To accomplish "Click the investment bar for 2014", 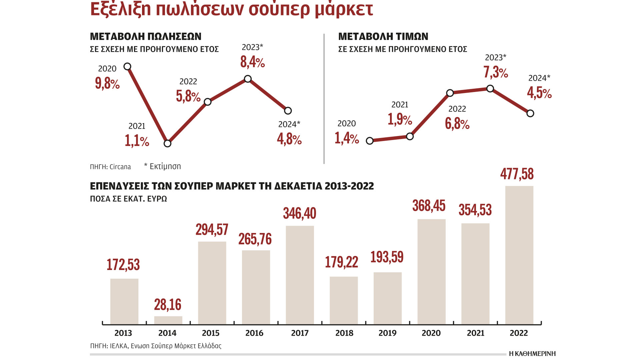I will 168,320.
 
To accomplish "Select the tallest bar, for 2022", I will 519,255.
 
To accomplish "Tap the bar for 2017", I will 300,275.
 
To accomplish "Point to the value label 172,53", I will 123,265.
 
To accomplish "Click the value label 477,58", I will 517,174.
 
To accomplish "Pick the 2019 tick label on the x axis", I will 387,333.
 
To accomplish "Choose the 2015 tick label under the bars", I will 211,333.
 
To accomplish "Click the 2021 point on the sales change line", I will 167,143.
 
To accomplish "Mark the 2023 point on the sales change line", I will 248,79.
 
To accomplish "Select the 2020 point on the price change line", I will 370,141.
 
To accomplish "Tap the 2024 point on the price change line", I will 530,113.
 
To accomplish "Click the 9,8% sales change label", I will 107,83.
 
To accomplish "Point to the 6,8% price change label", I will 457,124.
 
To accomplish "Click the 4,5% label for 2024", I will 539,93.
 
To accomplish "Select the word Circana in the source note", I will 120,167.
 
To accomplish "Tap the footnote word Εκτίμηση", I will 165,166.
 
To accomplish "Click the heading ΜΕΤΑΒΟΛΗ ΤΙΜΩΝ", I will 383,36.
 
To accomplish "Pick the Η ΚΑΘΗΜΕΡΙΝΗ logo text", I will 532,354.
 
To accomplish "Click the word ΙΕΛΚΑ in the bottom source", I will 119,346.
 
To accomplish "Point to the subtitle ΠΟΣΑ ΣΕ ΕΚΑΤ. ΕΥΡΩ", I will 128,199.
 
